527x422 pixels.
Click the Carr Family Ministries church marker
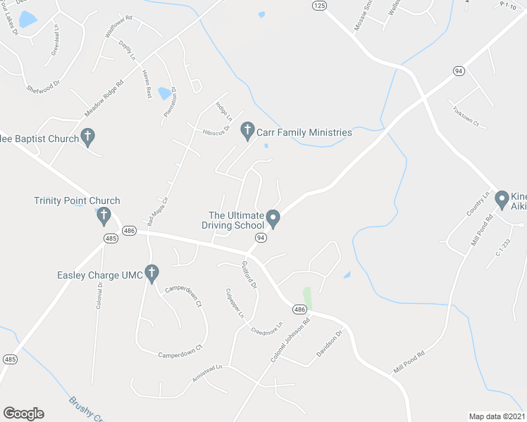[x=247, y=130]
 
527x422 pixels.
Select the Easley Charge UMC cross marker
[x=151, y=273]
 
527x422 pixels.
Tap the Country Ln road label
[x=476, y=204]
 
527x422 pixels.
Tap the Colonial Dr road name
[x=100, y=293]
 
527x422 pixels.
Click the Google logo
[x=23, y=414]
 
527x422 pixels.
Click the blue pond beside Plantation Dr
[x=165, y=93]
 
